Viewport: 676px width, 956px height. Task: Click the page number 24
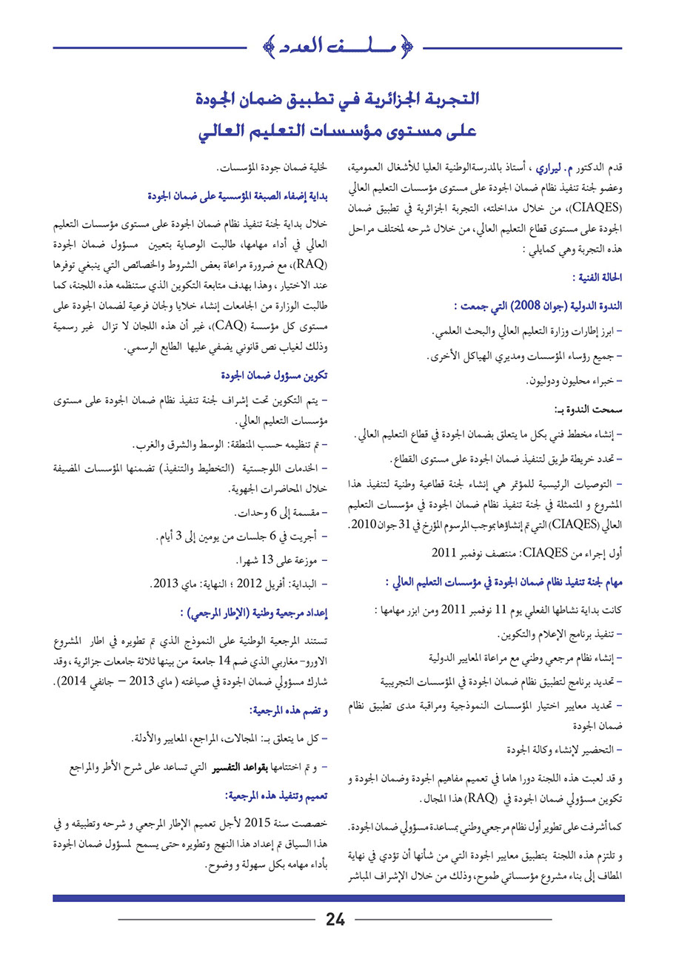pos(335,920)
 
